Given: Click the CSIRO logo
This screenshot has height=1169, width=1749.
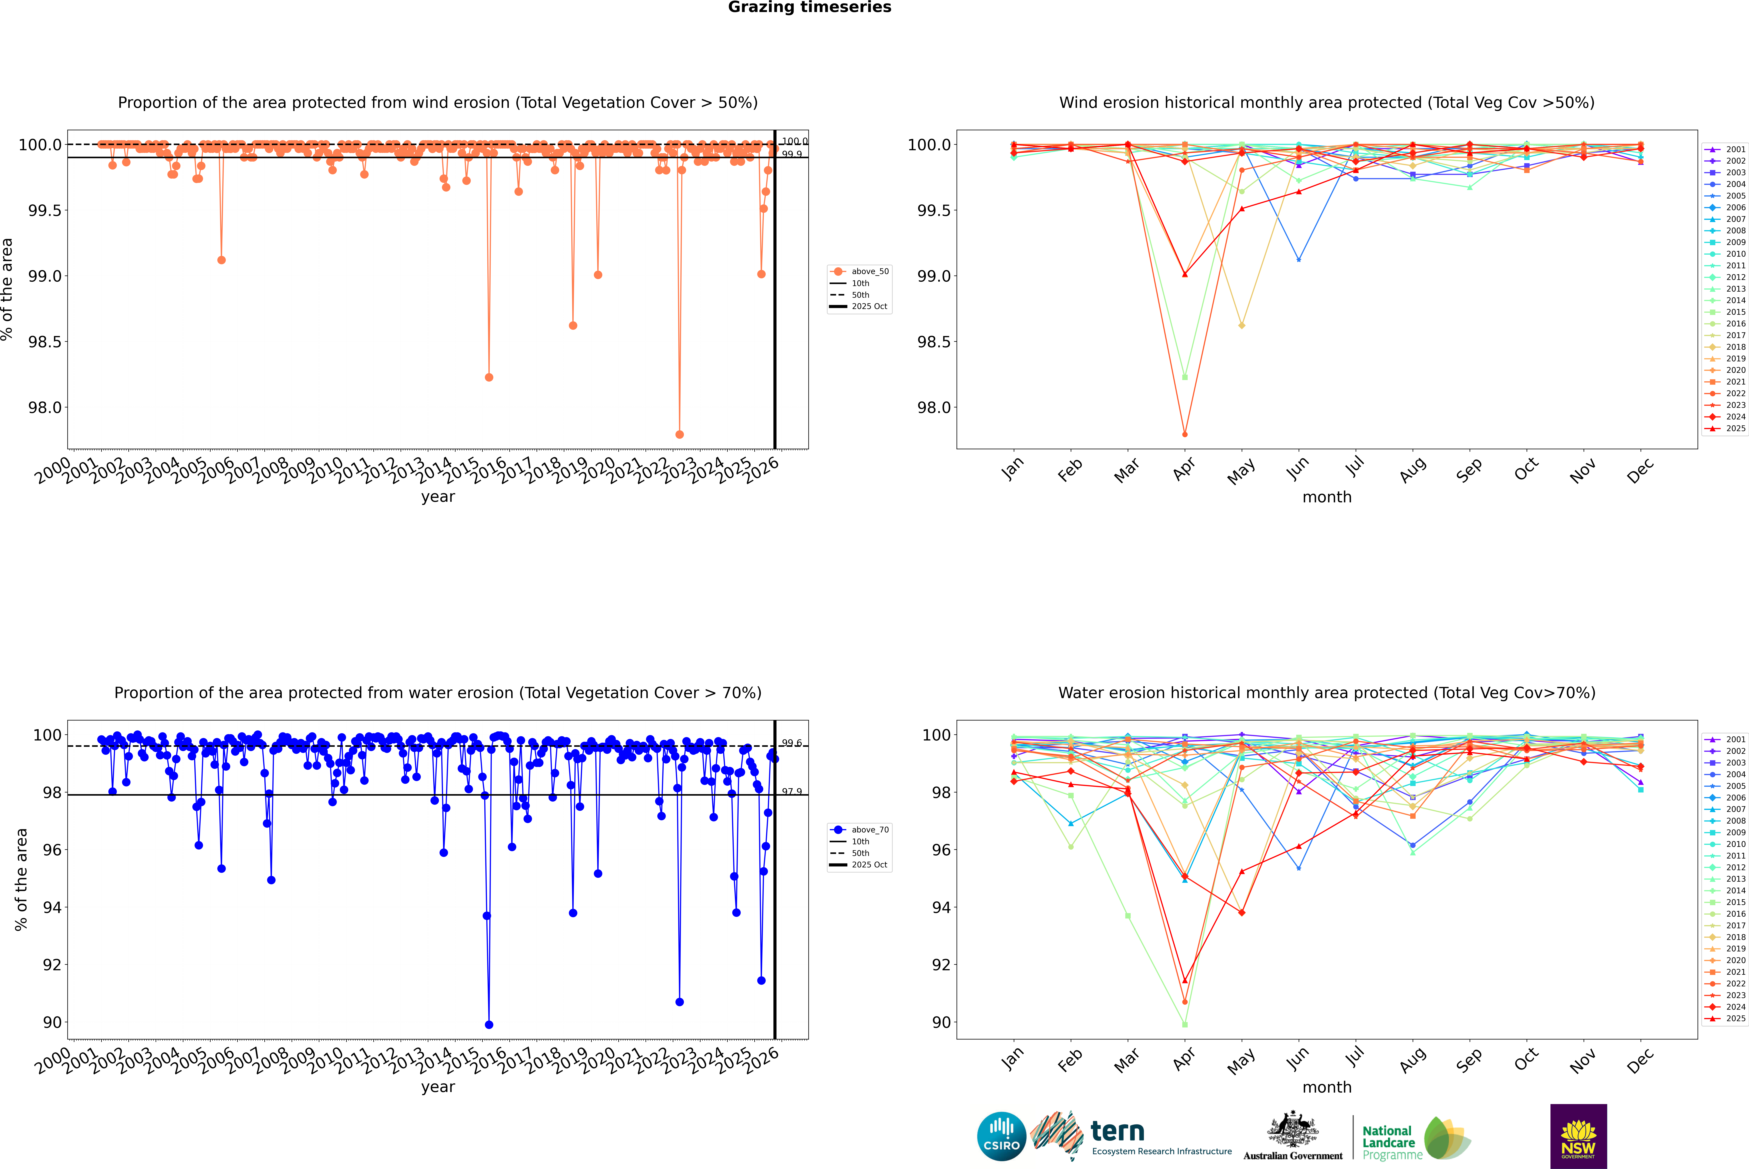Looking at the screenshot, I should pyautogui.click(x=1001, y=1136).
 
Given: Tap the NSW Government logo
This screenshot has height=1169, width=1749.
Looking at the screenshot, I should pyautogui.click(x=1578, y=1136).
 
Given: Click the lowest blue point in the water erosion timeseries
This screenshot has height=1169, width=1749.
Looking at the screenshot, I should pyautogui.click(x=489, y=1024).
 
